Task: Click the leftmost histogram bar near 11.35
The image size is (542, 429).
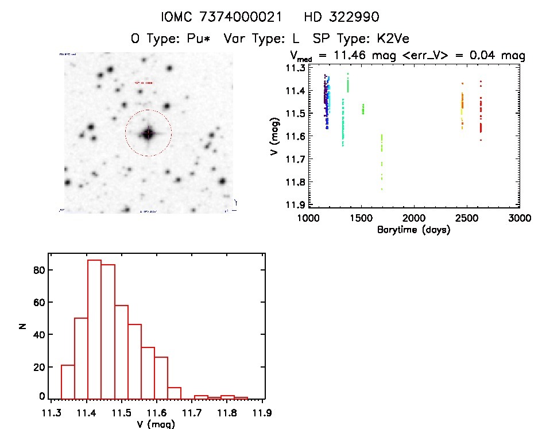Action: [68, 381]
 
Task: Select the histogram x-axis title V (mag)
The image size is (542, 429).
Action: [156, 424]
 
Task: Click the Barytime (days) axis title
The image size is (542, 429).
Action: [414, 230]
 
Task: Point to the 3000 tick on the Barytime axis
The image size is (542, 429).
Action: [519, 218]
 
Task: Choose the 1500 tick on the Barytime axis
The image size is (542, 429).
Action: [361, 218]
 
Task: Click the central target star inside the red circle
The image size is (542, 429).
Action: [148, 133]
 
